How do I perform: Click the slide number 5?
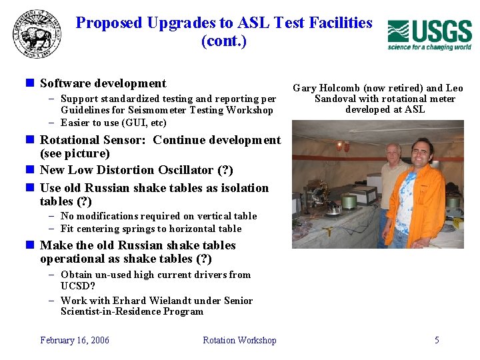[x=437, y=340]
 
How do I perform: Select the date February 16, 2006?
[x=75, y=340]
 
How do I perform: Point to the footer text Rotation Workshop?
[x=239, y=340]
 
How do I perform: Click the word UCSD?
[x=73, y=286]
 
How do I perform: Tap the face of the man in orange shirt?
[x=423, y=153]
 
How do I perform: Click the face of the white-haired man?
[x=393, y=154]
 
